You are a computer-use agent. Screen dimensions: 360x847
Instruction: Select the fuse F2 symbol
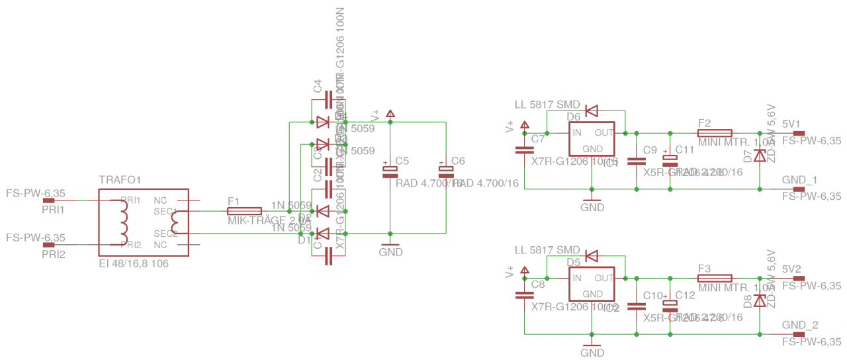click(x=715, y=132)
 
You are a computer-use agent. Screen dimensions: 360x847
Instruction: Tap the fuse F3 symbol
click(x=715, y=278)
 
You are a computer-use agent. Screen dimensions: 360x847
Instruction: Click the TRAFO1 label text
click(x=120, y=180)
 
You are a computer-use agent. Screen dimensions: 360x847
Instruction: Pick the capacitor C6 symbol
click(x=445, y=170)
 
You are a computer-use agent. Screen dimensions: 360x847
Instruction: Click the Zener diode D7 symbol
click(x=760, y=156)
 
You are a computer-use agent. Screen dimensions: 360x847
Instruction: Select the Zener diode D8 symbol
click(x=760, y=300)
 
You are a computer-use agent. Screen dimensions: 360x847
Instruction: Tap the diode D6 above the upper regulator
click(x=592, y=111)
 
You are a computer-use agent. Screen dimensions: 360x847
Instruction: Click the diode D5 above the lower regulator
click(x=592, y=256)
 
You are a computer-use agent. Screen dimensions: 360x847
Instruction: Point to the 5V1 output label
click(x=791, y=124)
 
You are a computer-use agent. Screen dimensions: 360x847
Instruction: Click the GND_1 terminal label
click(x=799, y=180)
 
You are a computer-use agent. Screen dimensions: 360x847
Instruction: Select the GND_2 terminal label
click(x=799, y=326)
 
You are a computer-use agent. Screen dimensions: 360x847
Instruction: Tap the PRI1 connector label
click(x=54, y=209)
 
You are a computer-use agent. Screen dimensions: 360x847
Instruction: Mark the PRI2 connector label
click(x=54, y=253)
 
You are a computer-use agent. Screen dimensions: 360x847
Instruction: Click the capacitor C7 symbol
click(x=523, y=150)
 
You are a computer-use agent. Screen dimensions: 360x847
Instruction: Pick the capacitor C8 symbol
click(x=523, y=295)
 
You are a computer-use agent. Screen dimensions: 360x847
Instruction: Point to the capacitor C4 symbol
click(x=328, y=100)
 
